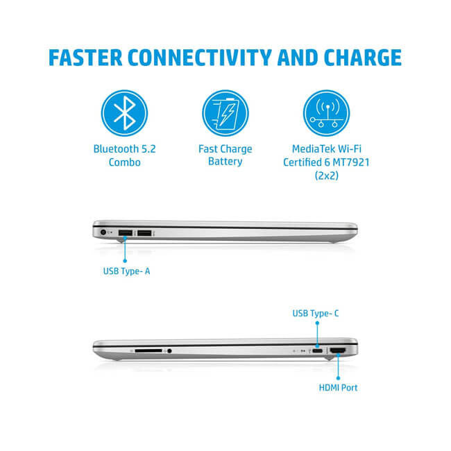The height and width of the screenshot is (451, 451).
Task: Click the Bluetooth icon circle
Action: pyautogui.click(x=126, y=113)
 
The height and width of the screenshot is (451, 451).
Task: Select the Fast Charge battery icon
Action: pyautogui.click(x=225, y=113)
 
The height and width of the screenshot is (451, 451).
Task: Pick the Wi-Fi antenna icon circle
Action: pyautogui.click(x=325, y=113)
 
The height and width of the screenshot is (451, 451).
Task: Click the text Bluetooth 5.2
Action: pyautogui.click(x=126, y=149)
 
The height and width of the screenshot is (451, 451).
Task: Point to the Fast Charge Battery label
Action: pyautogui.click(x=225, y=155)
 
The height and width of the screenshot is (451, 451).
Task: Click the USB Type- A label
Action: pyautogui.click(x=122, y=271)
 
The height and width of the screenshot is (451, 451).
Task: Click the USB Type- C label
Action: pyautogui.click(x=316, y=314)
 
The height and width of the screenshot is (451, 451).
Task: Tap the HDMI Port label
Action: pyautogui.click(x=339, y=387)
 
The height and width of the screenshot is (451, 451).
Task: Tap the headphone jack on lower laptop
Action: pyautogui.click(x=169, y=351)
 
